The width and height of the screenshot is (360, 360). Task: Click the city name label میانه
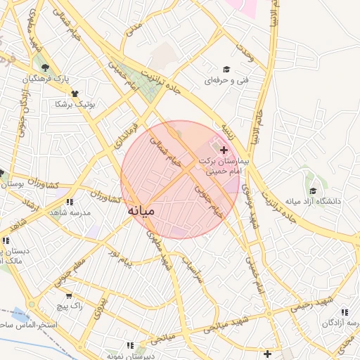coord(146,210)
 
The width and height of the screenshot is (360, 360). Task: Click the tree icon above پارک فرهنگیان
coord(46,68)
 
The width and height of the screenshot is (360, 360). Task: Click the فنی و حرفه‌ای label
coord(226,81)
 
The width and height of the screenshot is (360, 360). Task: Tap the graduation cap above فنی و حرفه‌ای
coord(226,69)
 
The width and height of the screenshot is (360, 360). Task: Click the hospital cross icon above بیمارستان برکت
coord(224,150)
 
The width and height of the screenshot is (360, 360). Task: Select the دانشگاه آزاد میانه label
coord(312,202)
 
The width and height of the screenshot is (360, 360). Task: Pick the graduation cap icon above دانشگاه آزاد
coord(312,190)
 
